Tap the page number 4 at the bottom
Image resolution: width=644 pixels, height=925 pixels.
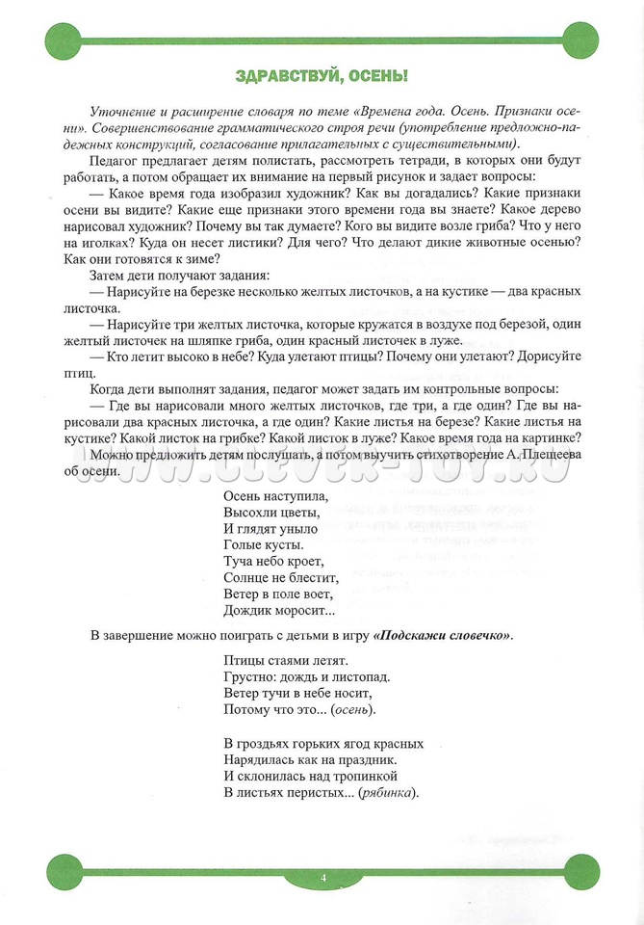(323, 877)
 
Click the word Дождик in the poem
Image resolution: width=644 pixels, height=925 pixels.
(246, 610)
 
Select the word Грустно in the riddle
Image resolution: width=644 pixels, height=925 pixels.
(249, 676)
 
